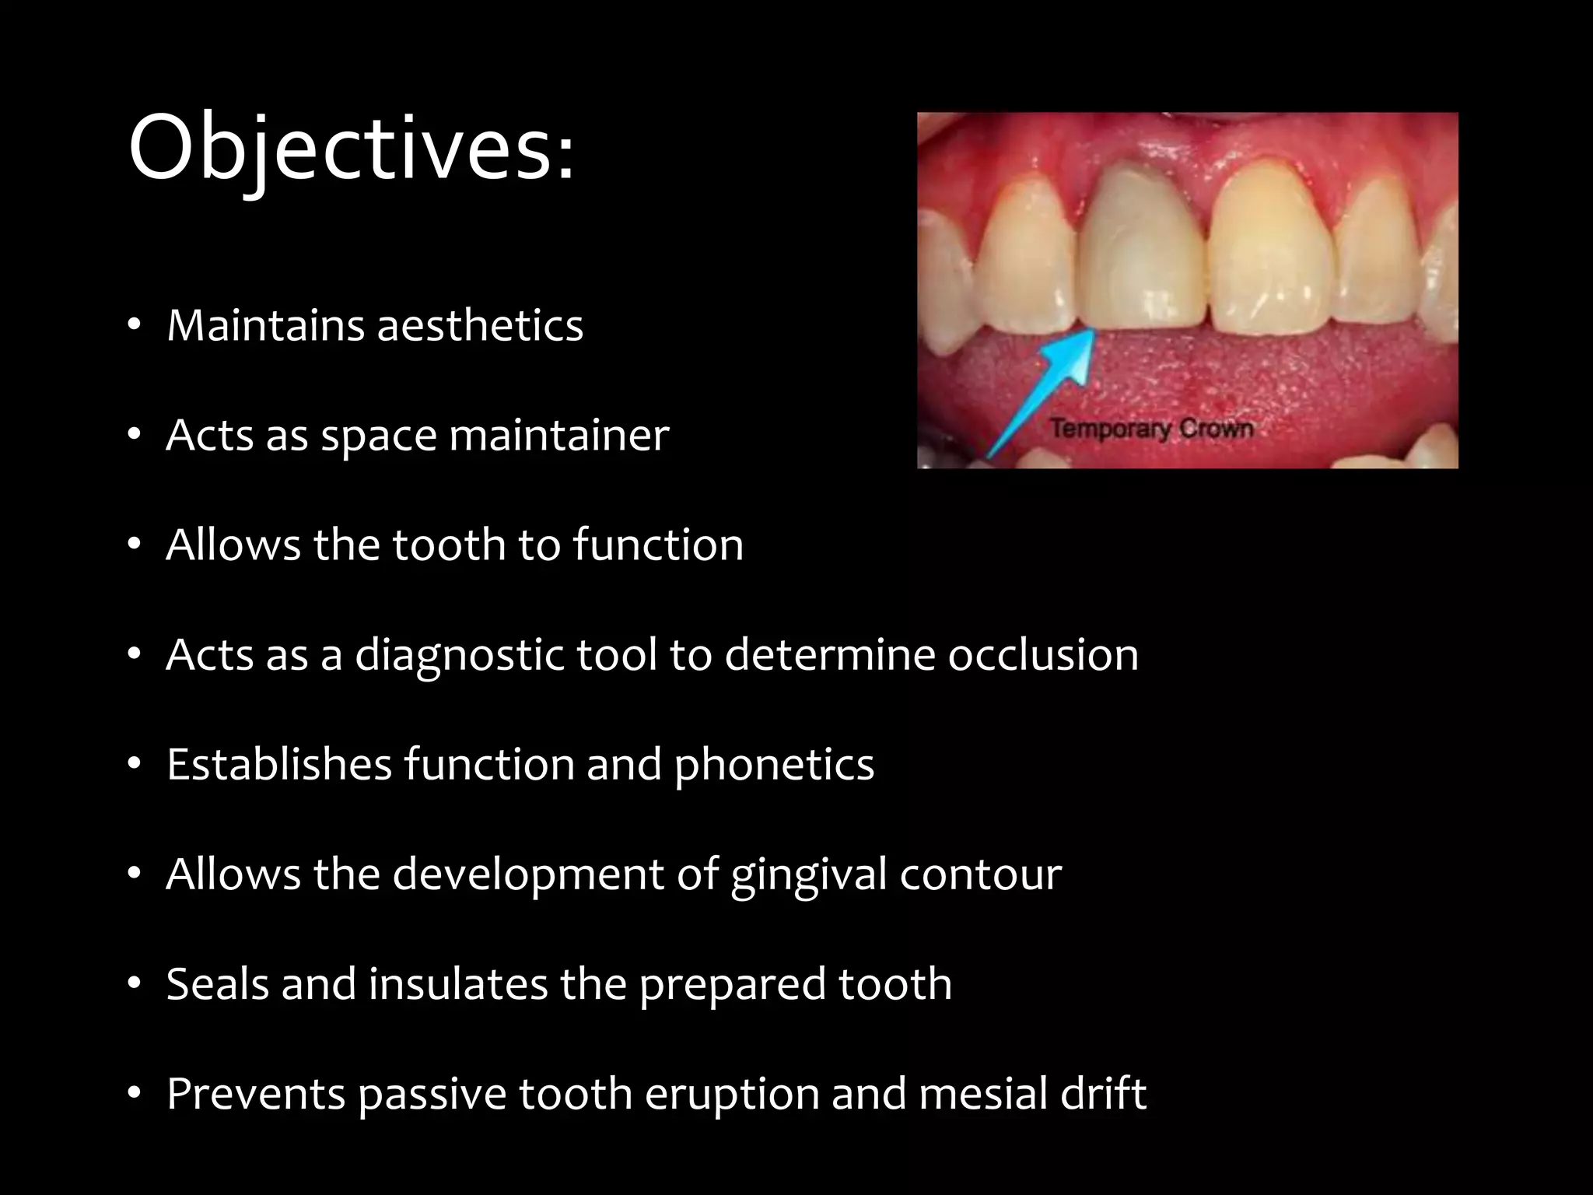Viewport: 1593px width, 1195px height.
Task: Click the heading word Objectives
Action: (x=351, y=148)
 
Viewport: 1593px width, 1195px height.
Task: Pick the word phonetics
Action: (x=774, y=764)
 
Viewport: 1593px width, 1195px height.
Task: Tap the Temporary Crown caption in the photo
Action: (x=1151, y=429)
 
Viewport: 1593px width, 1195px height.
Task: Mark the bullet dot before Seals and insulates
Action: (x=135, y=984)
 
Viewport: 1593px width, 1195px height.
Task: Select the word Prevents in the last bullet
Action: (x=256, y=1093)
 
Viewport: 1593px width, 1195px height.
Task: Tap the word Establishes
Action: (x=278, y=764)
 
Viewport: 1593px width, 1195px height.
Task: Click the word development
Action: (x=527, y=874)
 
